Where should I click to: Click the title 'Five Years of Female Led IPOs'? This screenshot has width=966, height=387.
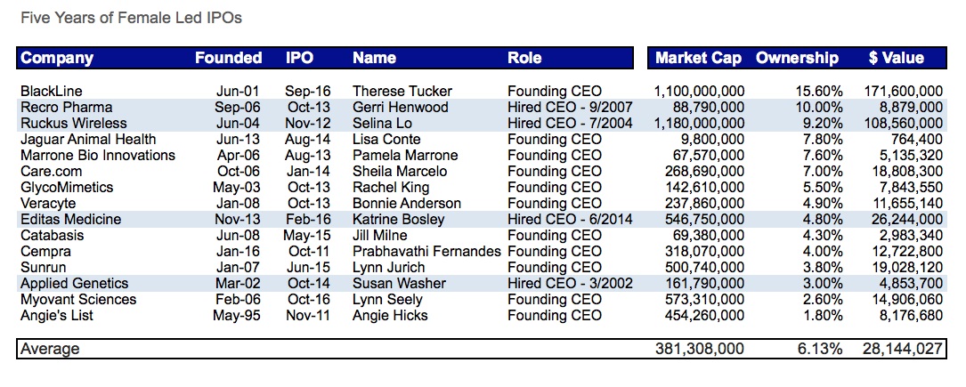tap(131, 18)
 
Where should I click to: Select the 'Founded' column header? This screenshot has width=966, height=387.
tap(228, 58)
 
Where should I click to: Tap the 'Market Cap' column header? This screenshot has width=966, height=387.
tap(698, 58)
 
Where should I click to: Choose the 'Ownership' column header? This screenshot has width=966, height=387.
tap(797, 58)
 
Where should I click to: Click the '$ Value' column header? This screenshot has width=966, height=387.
tap(896, 58)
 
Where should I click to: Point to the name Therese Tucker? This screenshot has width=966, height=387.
tap(402, 91)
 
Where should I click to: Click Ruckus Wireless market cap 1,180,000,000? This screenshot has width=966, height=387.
tap(699, 123)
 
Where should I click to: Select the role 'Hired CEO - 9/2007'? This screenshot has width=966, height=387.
tap(570, 107)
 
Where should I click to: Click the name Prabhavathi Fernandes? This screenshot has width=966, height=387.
tap(426, 251)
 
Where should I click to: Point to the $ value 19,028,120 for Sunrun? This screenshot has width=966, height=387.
tap(903, 267)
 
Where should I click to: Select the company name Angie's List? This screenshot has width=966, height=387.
tap(56, 315)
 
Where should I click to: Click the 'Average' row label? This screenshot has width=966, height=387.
tap(50, 349)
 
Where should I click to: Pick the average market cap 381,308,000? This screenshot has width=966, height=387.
tap(699, 349)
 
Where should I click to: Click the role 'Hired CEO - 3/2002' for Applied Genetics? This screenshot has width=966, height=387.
tap(570, 283)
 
